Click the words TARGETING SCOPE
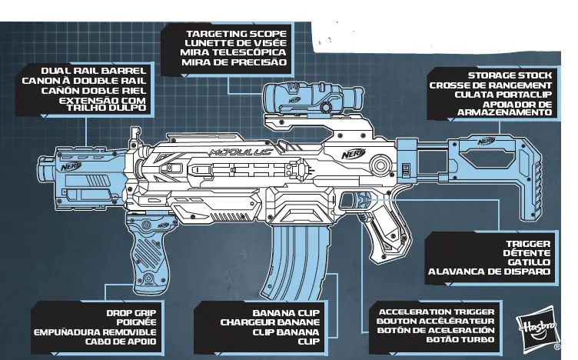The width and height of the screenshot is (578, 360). coord(236,34)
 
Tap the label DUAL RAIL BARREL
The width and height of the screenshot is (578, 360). coord(95,70)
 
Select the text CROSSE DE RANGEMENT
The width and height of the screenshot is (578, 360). coord(490,85)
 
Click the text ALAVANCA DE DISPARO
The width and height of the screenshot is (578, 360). coord(489,271)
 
